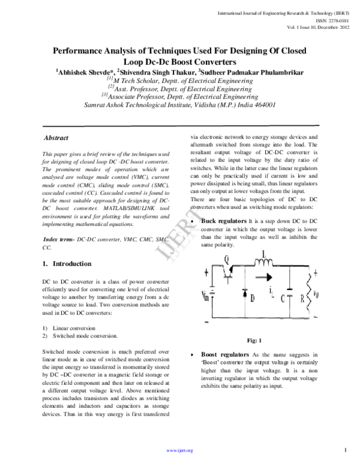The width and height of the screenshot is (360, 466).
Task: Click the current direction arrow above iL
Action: tap(273, 286)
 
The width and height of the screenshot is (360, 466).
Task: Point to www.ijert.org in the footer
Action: tap(179, 450)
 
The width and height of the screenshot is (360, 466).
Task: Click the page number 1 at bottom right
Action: tap(346, 449)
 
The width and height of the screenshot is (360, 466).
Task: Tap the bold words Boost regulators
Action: tap(226, 355)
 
